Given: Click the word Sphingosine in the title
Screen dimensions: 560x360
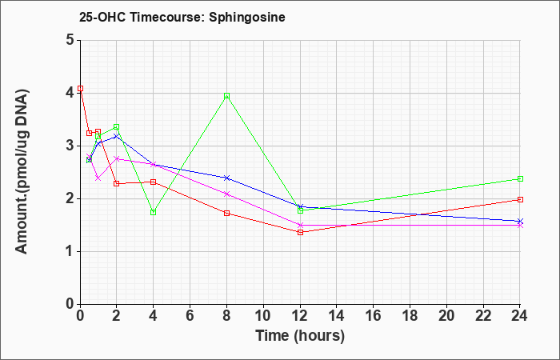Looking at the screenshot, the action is click(246, 17).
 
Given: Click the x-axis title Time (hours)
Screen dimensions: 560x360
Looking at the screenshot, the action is click(300, 336).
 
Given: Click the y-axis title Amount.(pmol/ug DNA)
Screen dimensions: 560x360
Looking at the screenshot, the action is click(22, 171).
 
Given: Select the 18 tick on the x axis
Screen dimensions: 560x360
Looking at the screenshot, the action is click(410, 316).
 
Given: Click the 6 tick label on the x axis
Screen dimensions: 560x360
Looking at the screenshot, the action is click(190, 316).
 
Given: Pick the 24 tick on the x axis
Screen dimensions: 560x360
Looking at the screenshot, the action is click(519, 316).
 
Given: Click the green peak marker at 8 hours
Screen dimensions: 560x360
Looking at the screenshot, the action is click(226, 96).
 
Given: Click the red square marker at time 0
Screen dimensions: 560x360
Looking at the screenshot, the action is click(80, 88).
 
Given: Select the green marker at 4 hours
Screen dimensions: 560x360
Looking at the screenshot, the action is click(154, 212).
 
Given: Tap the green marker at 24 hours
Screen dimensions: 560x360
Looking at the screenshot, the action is click(520, 178).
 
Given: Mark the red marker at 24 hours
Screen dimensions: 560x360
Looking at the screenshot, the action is click(520, 199).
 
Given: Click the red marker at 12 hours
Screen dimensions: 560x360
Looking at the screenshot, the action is click(300, 232).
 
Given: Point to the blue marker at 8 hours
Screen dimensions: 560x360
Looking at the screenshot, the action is click(226, 178).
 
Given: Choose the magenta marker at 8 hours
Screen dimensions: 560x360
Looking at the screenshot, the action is click(226, 194).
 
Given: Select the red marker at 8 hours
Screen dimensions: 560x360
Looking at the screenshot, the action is click(226, 214).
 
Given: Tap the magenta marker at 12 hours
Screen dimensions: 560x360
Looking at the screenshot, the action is click(300, 225).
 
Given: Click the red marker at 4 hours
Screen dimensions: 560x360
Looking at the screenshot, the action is click(154, 182).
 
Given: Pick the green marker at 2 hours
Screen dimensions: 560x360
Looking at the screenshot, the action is click(117, 126).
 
